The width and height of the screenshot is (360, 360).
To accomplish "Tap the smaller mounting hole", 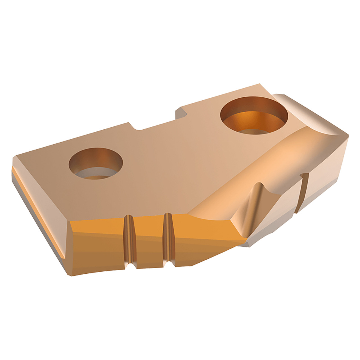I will coord(96,165).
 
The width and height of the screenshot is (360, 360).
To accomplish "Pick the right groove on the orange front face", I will coord(168,239).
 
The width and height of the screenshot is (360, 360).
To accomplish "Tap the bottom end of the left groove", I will coord(132,265).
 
